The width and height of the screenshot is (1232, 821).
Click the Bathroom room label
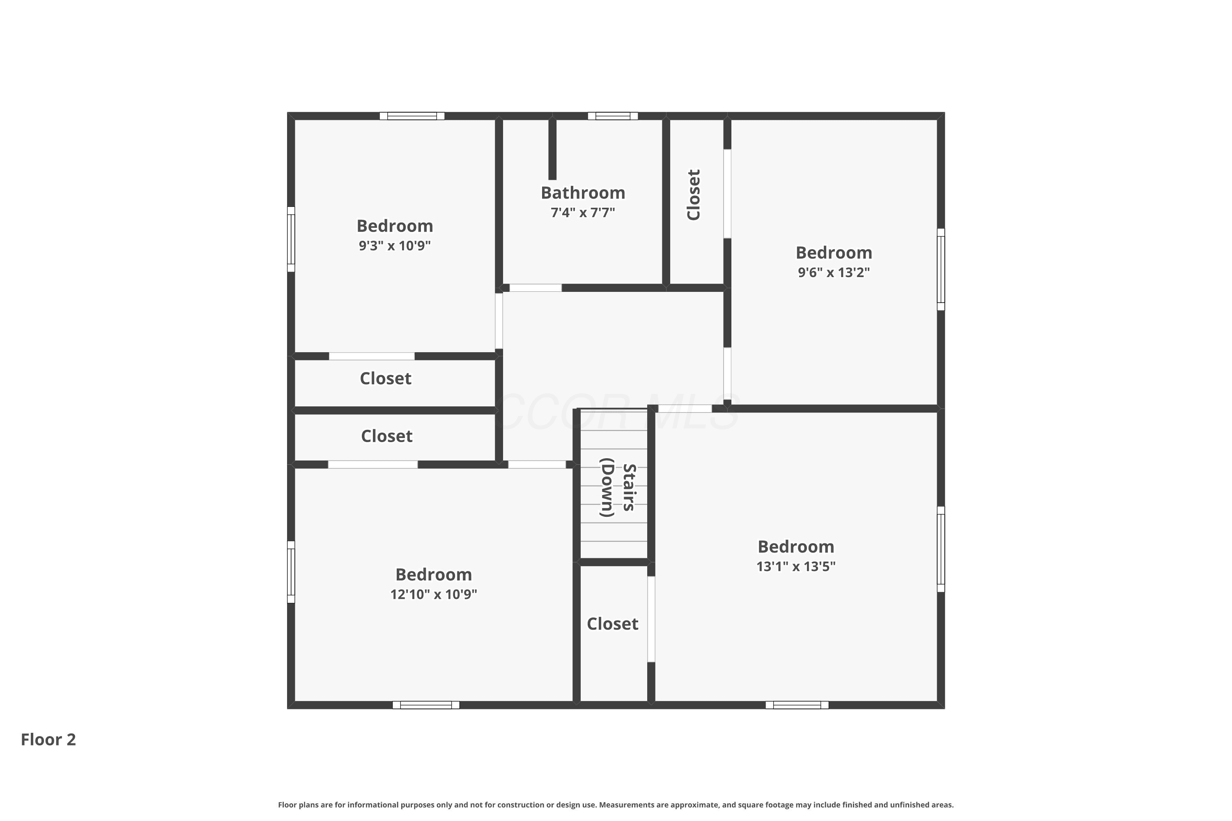[x=583, y=193]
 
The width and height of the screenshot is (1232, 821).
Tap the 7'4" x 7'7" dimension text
[x=583, y=213]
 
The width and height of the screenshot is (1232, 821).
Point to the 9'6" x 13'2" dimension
[x=834, y=272]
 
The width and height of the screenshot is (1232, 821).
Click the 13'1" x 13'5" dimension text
[x=796, y=566]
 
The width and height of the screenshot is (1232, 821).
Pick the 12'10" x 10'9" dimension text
[x=434, y=594]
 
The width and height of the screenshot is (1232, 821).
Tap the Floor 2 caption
[x=48, y=739]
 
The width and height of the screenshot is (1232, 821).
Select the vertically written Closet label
[x=694, y=195]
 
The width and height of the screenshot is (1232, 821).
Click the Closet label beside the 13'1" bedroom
[x=612, y=624]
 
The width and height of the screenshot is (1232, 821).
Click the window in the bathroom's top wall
[x=612, y=116]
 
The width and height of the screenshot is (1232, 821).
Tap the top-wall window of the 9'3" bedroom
[x=412, y=116]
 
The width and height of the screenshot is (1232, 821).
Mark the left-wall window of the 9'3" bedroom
[x=291, y=239]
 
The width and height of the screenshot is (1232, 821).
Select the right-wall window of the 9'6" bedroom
[x=941, y=269]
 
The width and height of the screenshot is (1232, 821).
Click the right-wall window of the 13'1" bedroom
[x=941, y=549]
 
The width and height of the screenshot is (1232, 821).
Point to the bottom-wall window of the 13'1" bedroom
[x=797, y=705]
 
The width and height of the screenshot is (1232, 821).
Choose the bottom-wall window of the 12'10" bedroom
[x=426, y=705]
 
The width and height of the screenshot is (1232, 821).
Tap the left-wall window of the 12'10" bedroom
[x=291, y=572]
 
